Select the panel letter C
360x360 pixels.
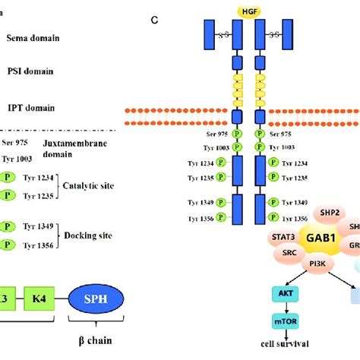coord(153,20)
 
